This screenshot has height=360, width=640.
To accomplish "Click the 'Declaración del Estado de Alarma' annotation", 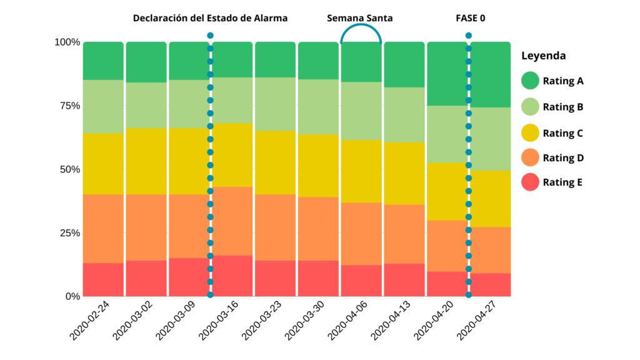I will point(210,18).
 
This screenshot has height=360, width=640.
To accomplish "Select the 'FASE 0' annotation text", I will point(470,18).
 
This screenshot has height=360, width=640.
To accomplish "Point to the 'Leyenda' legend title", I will point(543,56).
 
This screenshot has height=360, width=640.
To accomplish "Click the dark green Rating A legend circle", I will point(531,81).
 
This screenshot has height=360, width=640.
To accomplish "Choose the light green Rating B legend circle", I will point(531,107).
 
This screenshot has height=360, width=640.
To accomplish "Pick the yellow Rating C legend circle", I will point(531,133).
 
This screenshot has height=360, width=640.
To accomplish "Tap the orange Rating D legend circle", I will point(531,157).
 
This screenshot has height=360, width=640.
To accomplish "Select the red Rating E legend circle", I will point(531,182).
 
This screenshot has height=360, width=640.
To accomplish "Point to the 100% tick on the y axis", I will point(67,42).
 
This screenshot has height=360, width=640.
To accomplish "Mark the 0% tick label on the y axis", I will point(72,296).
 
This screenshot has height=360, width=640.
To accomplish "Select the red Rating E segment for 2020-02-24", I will point(103,279).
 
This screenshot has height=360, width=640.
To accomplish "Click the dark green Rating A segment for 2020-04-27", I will point(491,74).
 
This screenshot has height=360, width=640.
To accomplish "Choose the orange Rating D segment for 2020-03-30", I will point(318,229).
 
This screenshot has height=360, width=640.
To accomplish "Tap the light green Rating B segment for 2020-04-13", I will point(404,114).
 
